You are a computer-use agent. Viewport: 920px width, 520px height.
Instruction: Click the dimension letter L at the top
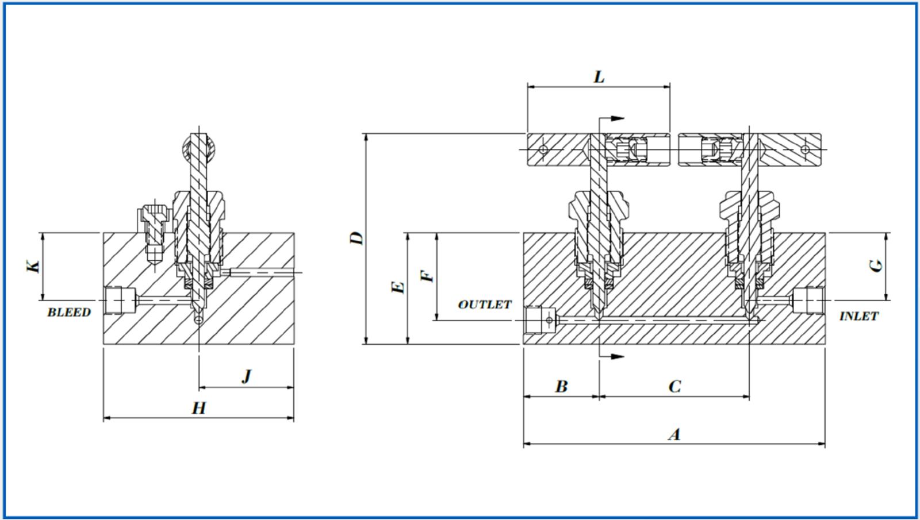(599, 77)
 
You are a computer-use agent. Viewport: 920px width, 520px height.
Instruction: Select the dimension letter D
(357, 238)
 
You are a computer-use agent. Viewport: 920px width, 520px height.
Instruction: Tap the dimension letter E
(398, 287)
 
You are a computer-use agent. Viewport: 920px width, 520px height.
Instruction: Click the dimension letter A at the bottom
(674, 434)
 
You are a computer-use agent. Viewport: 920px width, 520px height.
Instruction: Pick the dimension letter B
(561, 387)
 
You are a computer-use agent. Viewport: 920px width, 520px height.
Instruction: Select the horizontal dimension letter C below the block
(675, 387)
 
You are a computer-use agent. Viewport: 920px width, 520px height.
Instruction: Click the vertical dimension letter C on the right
(876, 265)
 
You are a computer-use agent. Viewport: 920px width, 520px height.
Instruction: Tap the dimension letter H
(198, 409)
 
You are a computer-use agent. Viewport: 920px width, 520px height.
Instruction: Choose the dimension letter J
(247, 376)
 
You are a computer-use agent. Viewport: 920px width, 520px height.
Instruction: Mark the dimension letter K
(34, 266)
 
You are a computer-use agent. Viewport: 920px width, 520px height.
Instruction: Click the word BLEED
(69, 313)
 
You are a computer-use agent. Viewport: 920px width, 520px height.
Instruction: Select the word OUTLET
(485, 305)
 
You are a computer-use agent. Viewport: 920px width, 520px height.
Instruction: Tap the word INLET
(858, 317)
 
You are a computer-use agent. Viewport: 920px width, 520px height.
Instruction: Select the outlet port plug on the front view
(540, 320)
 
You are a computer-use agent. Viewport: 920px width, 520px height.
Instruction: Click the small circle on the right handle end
(805, 149)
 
